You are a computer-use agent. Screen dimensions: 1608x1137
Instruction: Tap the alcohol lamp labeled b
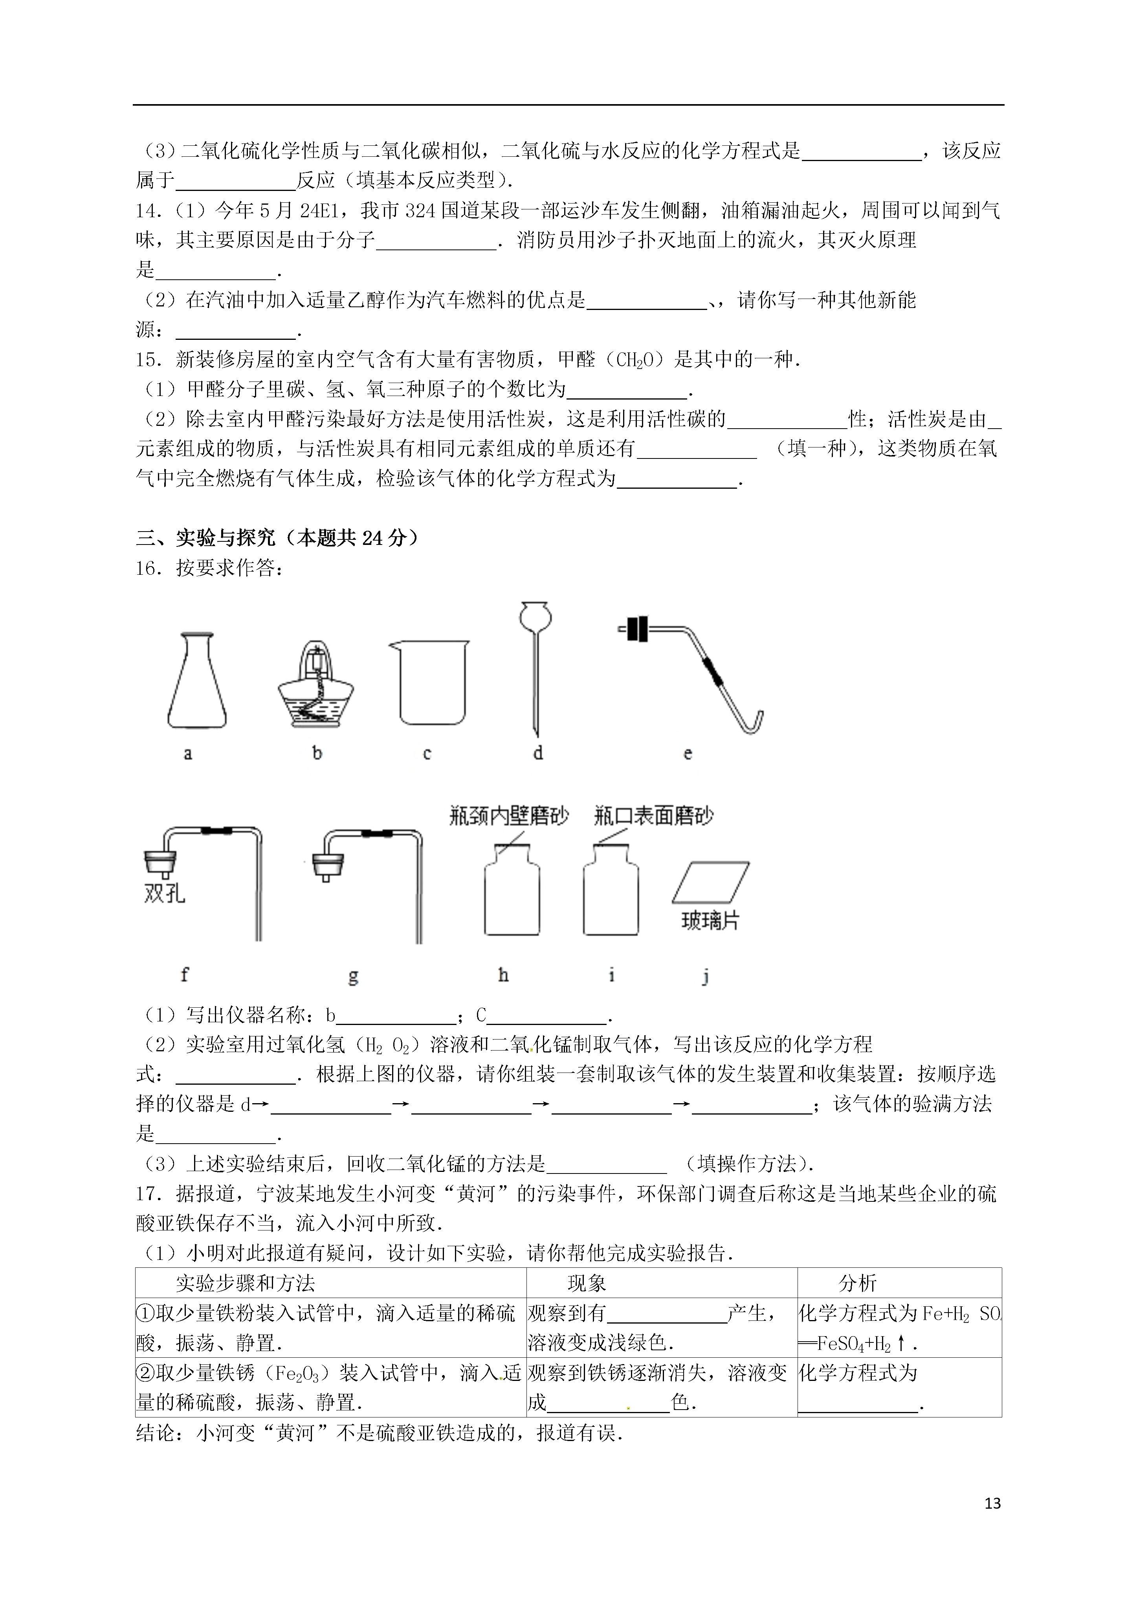pos(316,683)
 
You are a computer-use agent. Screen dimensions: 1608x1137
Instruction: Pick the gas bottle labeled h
pos(512,893)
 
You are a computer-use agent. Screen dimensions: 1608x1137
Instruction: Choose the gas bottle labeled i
pos(611,893)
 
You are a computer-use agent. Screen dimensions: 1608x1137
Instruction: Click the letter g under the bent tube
pos(353,975)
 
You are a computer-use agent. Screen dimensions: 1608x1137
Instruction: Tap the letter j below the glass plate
pos(706,975)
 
